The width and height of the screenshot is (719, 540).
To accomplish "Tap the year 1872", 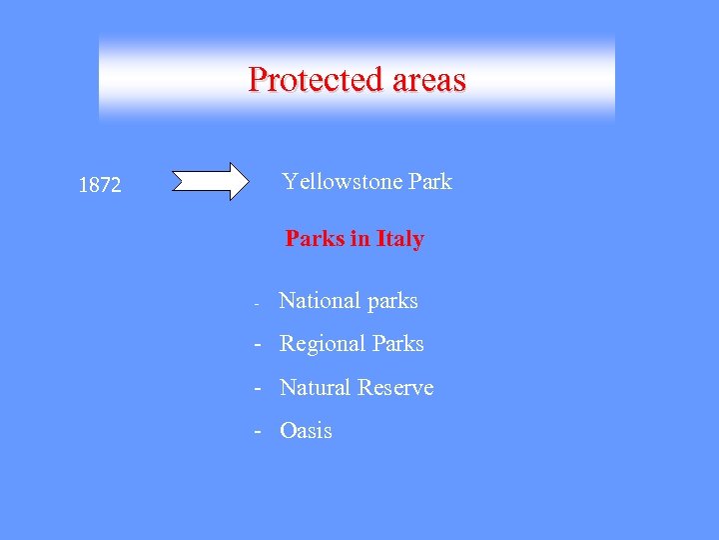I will [100, 185].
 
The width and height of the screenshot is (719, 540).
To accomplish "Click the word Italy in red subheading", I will [400, 239].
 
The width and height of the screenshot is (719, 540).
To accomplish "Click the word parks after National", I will [392, 301].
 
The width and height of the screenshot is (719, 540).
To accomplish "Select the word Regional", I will [322, 344].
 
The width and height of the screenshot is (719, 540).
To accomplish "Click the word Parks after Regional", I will [397, 344].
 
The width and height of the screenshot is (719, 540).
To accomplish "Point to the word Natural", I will [316, 387].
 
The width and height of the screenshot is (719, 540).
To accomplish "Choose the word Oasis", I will [306, 431].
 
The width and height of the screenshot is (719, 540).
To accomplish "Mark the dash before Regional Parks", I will [258, 345].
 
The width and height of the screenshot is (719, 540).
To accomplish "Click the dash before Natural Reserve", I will [258, 388].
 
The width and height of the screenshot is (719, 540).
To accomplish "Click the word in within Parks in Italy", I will [359, 239].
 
